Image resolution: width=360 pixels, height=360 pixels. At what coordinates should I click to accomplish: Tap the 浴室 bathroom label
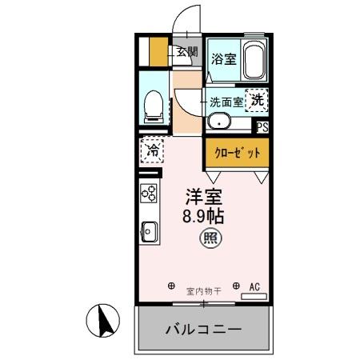(x=223, y=58)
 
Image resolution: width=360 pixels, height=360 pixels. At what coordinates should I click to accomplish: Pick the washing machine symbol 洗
(x=256, y=101)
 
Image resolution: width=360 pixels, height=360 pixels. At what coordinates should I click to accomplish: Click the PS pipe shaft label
(x=262, y=126)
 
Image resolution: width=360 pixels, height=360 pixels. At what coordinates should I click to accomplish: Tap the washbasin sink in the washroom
(x=218, y=122)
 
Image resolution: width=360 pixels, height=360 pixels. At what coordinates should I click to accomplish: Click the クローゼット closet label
(x=236, y=154)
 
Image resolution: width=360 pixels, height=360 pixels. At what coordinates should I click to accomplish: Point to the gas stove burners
(x=150, y=192)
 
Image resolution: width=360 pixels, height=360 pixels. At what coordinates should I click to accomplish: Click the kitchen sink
(x=149, y=231)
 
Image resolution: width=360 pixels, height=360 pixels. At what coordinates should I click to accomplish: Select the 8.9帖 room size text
(x=205, y=216)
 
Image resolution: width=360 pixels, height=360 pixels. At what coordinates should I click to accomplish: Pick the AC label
(x=255, y=286)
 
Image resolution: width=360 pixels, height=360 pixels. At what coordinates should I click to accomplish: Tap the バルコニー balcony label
(x=204, y=329)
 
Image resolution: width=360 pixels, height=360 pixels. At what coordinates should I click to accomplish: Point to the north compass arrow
(x=102, y=323)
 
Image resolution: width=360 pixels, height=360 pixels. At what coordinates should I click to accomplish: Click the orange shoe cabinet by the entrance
(x=158, y=52)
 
